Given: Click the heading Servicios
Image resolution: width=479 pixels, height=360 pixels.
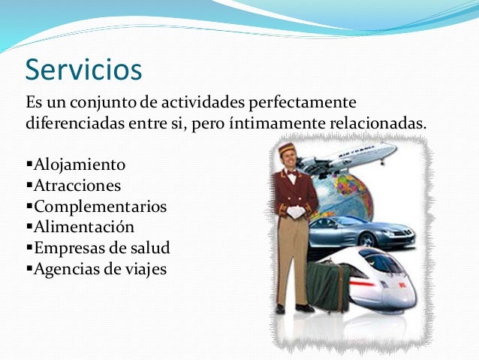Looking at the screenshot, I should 83,70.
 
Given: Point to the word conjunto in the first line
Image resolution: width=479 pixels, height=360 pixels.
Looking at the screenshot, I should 94,101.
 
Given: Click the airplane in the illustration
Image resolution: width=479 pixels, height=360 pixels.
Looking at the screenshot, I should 349,159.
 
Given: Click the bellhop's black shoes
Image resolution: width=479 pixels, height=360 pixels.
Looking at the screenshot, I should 294,308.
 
